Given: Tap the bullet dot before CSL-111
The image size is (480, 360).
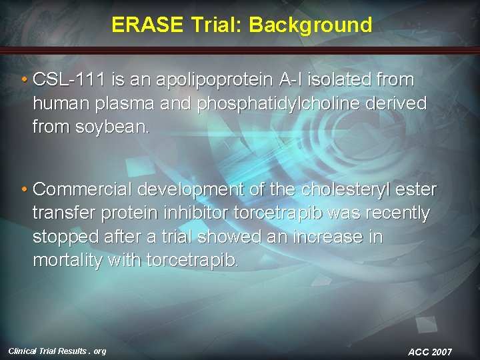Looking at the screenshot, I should click(x=25, y=81).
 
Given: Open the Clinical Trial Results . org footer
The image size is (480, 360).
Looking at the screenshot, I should click(x=57, y=351).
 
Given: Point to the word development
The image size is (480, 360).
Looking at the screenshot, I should click(x=191, y=190).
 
